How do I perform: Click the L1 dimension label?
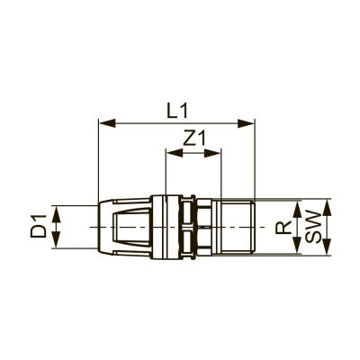177,110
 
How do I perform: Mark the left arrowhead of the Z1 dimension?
172,153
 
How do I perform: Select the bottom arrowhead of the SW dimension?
329,254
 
